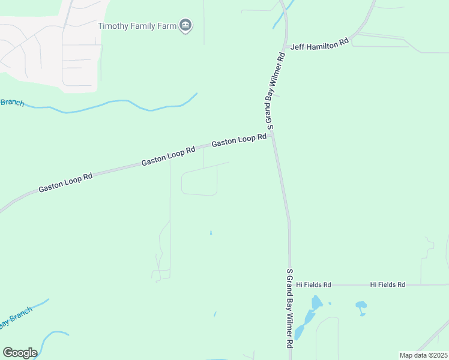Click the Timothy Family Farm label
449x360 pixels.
pos(137,26)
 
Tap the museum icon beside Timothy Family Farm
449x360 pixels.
pos(185,26)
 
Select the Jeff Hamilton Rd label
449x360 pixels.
pos(319,44)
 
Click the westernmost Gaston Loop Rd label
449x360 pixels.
pos(65,183)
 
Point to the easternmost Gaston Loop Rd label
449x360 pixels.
pos(239,140)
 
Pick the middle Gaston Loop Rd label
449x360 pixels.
pos(169,157)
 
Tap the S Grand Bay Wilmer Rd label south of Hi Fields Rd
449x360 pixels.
pos(289,308)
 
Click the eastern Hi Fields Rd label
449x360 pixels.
pos(387,284)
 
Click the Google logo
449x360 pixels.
pos(20,353)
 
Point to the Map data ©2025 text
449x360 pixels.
pos(423,355)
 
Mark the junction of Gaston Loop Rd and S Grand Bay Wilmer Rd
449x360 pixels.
pos(273,135)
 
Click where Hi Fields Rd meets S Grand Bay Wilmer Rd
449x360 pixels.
pos(291,284)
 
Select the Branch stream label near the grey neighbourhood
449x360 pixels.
pos(12,102)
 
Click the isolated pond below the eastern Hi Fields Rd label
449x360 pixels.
pos(361,307)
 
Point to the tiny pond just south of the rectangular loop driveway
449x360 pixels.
pos(211,232)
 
